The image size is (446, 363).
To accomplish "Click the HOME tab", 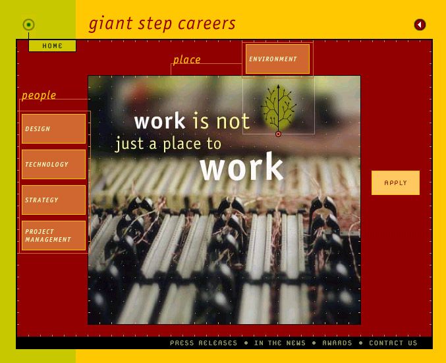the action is click(x=52, y=46).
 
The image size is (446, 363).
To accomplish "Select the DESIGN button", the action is click(x=54, y=129).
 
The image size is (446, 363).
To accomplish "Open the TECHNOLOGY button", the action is click(x=54, y=165).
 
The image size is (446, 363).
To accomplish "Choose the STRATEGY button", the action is click(x=54, y=200).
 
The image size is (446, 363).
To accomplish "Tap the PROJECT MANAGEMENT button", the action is click(x=54, y=236).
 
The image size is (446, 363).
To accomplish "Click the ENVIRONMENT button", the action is click(x=277, y=59).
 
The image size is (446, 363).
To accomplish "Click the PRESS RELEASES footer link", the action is click(x=204, y=343).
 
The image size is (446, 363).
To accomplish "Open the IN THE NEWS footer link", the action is click(x=280, y=343).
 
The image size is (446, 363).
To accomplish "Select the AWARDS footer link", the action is click(x=337, y=343).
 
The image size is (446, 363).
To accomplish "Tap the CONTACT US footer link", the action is click(x=393, y=343).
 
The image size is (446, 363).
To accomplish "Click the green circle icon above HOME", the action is click(x=28, y=25).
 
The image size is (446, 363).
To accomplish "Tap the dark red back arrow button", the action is click(x=420, y=25).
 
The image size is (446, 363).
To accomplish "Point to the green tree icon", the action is click(x=279, y=107).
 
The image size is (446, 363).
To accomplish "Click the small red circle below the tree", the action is click(x=279, y=134).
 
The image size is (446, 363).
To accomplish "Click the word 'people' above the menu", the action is click(x=39, y=96).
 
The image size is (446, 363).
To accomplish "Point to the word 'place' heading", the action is click(x=187, y=60).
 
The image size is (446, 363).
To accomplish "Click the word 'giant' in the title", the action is click(x=111, y=24).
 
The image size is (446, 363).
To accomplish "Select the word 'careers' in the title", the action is click(x=207, y=24).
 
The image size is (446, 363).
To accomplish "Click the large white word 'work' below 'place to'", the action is click(x=242, y=167).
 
